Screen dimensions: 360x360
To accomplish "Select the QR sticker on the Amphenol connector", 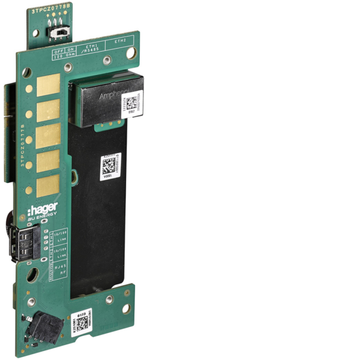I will (134, 103).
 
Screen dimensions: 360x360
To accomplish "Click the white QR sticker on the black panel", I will (111, 166).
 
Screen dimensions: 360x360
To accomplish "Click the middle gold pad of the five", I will (48, 135).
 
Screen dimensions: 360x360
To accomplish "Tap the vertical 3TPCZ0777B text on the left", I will (23, 148).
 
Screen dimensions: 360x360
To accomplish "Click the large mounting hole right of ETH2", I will (130, 53).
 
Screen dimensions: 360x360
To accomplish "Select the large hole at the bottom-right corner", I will (126, 308).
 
